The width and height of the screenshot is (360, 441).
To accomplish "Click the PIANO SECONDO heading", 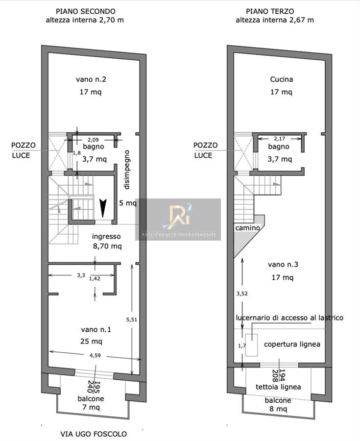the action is click(85, 12).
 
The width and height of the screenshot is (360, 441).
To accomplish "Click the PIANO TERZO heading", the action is click(270, 12).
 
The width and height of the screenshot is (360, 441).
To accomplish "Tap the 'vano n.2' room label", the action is click(91, 79).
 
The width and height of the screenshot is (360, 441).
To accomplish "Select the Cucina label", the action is click(282, 79).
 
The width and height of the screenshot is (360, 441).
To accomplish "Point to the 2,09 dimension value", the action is click(93, 140).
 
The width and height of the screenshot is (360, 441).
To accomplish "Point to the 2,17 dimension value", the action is click(279, 138).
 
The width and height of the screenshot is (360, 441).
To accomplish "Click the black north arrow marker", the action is click(103, 208).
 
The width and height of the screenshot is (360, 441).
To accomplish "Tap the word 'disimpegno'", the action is click(127, 170).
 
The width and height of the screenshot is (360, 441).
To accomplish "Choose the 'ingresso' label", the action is click(106, 237).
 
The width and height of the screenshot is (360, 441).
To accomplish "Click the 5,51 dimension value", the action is click(132, 319).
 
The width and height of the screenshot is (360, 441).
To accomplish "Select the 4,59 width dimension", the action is click(95, 356).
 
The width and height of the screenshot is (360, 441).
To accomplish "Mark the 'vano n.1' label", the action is click(96, 330).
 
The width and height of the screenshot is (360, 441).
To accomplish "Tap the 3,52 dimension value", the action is click(242, 294).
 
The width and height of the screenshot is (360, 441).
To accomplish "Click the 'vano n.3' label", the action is click(283, 265).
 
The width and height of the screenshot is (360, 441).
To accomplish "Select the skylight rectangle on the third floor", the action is click(252, 345).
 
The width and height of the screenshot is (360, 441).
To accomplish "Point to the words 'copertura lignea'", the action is click(292, 344).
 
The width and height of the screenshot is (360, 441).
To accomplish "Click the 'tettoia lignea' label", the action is click(278, 387).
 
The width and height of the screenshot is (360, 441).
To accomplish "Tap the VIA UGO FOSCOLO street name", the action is click(94, 434).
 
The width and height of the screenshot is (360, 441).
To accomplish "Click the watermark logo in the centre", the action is click(178, 220).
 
